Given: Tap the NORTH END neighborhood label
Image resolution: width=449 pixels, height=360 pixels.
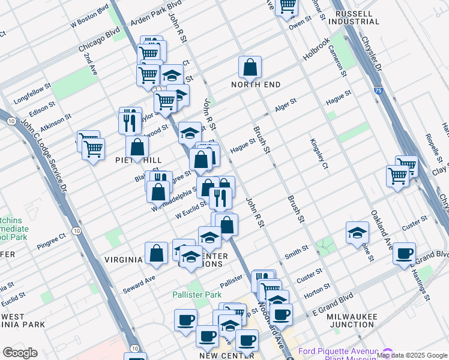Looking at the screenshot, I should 256,85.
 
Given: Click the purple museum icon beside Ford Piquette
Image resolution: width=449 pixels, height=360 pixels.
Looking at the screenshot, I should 387,353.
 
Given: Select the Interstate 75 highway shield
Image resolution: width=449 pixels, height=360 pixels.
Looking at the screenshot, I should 376,91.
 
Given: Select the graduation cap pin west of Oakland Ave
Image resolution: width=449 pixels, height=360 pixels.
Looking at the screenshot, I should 357,233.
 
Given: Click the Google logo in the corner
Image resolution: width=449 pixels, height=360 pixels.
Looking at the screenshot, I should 20,353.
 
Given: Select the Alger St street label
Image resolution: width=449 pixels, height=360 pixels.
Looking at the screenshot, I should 286,104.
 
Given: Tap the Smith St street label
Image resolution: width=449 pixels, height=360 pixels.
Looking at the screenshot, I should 297,251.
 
